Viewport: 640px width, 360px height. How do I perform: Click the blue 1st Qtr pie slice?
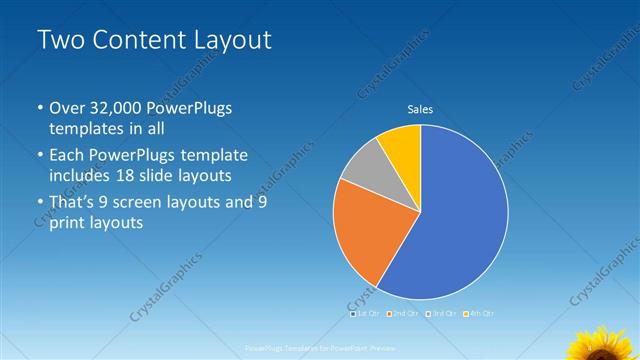coord(460,220)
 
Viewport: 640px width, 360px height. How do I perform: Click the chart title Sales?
coord(420,109)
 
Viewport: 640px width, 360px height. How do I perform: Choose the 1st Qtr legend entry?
coord(366,314)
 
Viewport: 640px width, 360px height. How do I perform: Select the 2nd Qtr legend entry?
coord(403,314)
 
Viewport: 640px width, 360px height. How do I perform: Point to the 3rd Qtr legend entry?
coord(440,314)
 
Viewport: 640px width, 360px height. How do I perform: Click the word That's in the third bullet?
coord(73,201)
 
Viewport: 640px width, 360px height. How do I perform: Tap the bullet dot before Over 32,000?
coord(40,108)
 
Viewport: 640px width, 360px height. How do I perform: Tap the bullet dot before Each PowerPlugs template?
coord(40,156)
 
